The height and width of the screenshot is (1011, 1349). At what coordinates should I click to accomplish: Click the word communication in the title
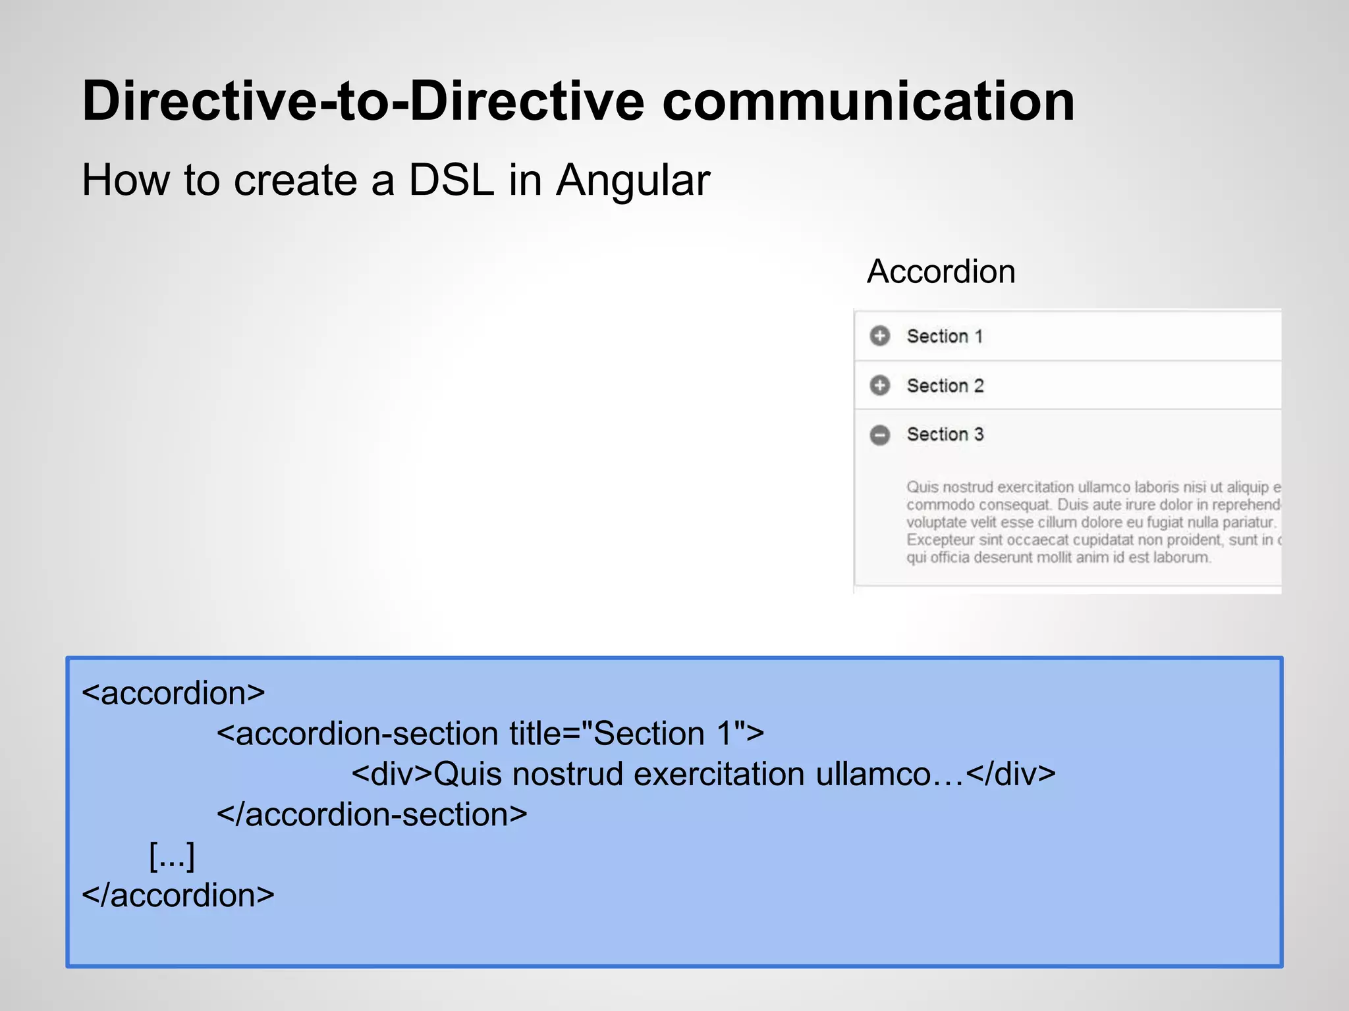pyautogui.click(x=868, y=102)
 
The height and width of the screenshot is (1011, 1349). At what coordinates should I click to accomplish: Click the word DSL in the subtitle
pyautogui.click(x=451, y=180)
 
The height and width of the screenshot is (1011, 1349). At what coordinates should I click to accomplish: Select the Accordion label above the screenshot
pyautogui.click(x=941, y=271)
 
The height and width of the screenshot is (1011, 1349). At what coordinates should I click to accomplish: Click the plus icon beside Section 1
pyautogui.click(x=879, y=336)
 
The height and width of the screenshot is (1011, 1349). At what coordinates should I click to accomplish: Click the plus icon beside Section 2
pyautogui.click(x=879, y=385)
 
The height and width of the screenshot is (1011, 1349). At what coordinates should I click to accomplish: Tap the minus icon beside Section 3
pyautogui.click(x=879, y=434)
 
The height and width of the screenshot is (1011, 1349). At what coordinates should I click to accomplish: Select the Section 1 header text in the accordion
pyautogui.click(x=945, y=336)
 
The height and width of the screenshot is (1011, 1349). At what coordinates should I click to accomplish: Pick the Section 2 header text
pyautogui.click(x=945, y=385)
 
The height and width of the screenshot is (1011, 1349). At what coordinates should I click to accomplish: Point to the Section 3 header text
pyautogui.click(x=945, y=434)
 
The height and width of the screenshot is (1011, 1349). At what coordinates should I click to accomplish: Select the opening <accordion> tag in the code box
pyautogui.click(x=173, y=693)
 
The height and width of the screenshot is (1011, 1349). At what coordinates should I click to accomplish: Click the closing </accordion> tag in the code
pyautogui.click(x=178, y=895)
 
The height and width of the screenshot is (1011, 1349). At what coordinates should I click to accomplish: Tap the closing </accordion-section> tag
pyautogui.click(x=372, y=815)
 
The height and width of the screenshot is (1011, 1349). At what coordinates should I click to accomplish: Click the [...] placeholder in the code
pyautogui.click(x=172, y=856)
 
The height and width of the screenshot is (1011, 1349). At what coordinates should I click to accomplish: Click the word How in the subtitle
pyautogui.click(x=125, y=180)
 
